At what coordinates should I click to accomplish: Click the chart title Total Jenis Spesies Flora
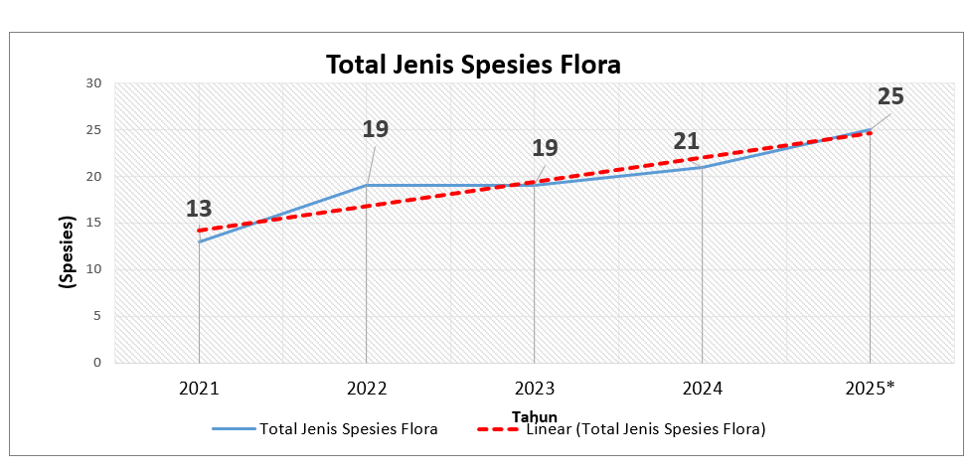point(473,66)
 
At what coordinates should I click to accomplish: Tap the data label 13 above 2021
point(199,209)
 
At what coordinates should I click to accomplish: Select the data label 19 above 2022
point(375,129)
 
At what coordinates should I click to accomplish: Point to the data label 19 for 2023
point(545,148)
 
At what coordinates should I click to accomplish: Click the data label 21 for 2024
point(687,141)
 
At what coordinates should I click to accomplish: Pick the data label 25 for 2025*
point(890,96)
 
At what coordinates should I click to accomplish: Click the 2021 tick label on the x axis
point(199,388)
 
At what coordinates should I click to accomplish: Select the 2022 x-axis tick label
point(367,388)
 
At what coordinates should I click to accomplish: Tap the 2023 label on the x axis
point(535,388)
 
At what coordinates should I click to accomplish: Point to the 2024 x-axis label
point(703,388)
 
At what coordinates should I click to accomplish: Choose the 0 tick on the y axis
point(96,363)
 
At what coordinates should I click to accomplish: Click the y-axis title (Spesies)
point(68,251)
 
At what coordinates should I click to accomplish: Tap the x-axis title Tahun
point(534,416)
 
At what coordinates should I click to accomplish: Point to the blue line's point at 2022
point(367,186)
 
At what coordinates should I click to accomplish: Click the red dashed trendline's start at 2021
point(199,231)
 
